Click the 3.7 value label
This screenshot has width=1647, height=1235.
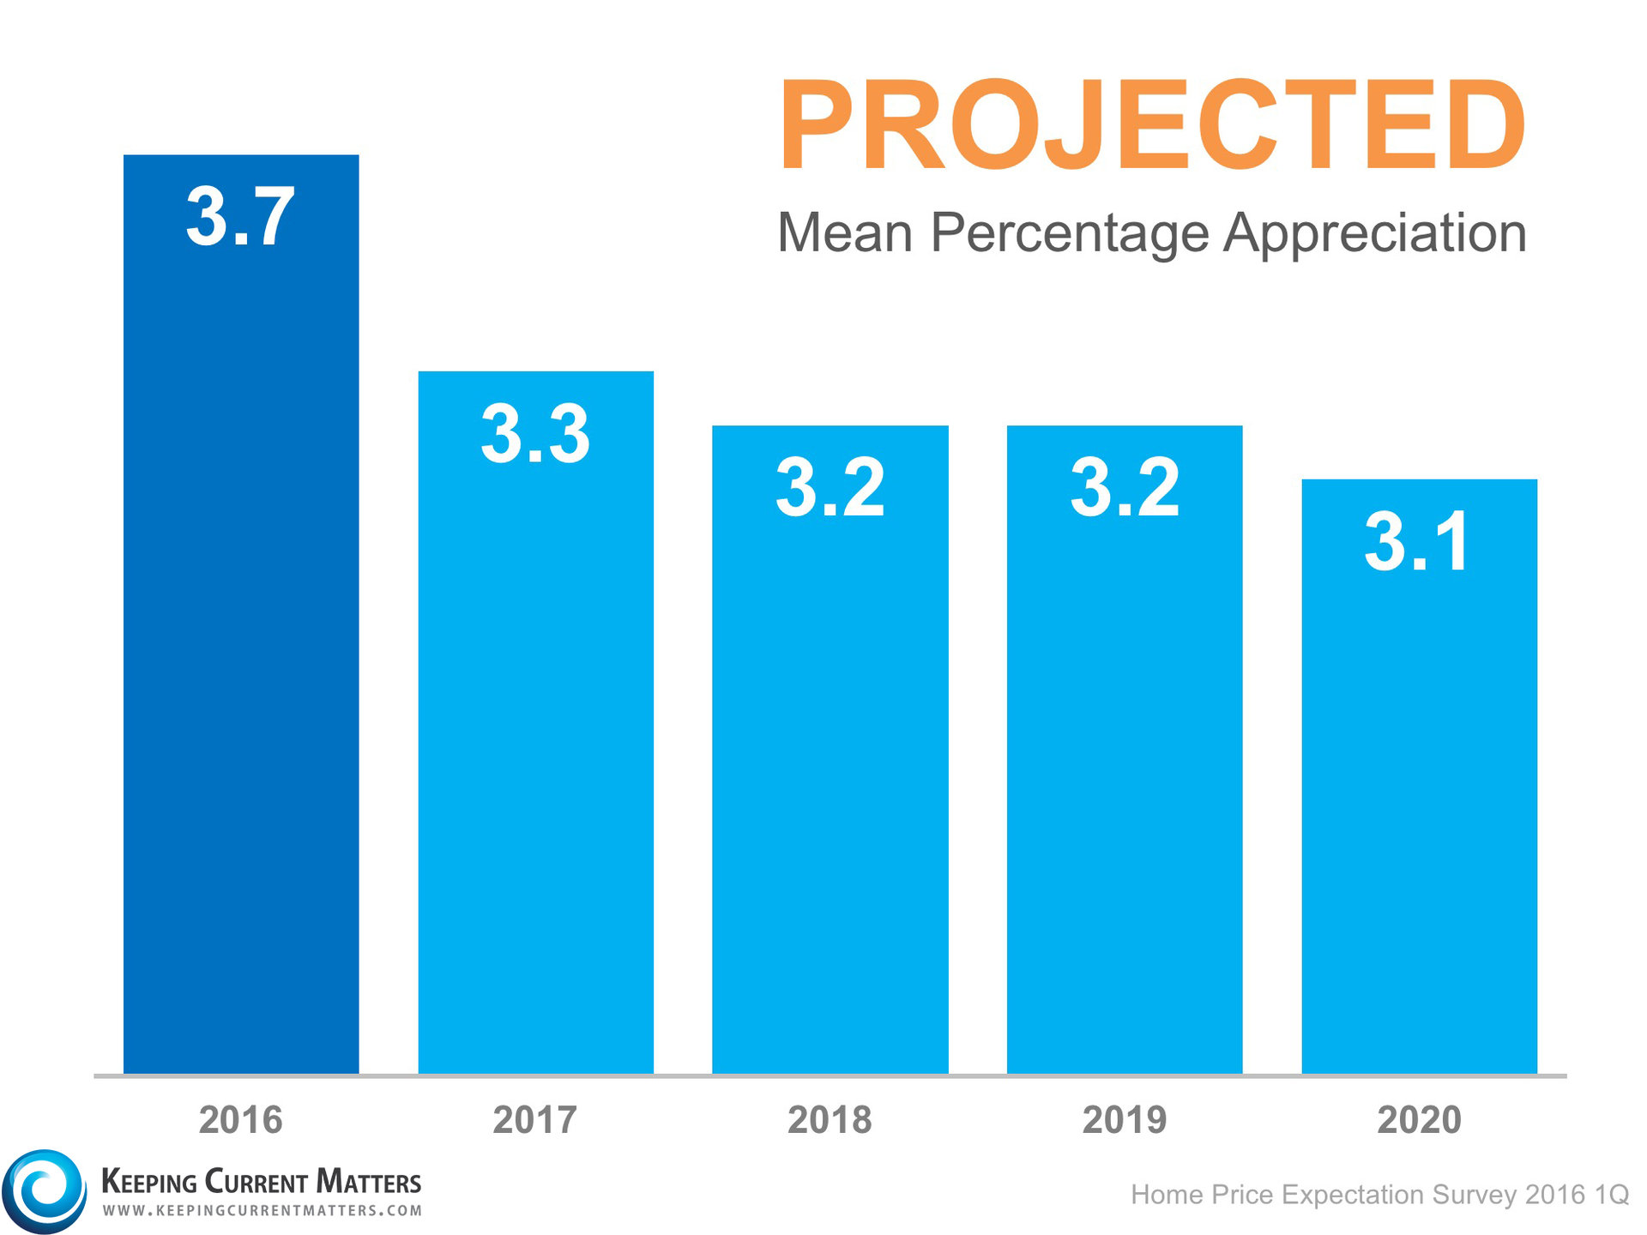pyautogui.click(x=240, y=217)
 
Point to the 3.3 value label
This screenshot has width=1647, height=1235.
pyautogui.click(x=535, y=434)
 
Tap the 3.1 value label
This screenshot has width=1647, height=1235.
pyautogui.click(x=1417, y=541)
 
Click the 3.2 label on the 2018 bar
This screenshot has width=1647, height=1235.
pyautogui.click(x=830, y=487)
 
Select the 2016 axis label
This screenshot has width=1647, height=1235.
pyautogui.click(x=240, y=1120)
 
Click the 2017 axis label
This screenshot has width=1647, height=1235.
pyautogui.click(x=535, y=1120)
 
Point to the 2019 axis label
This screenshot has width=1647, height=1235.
pyautogui.click(x=1124, y=1120)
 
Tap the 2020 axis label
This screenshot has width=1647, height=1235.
pyautogui.click(x=1419, y=1120)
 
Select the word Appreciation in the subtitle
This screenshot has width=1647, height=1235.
pyautogui.click(x=1374, y=233)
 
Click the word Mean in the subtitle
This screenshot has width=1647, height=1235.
pyautogui.click(x=844, y=233)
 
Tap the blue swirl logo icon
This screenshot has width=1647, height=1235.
pyautogui.click(x=44, y=1191)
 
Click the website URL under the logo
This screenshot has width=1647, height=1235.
pyautogui.click(x=262, y=1211)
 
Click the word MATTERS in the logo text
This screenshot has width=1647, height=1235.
pyautogui.click(x=369, y=1182)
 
